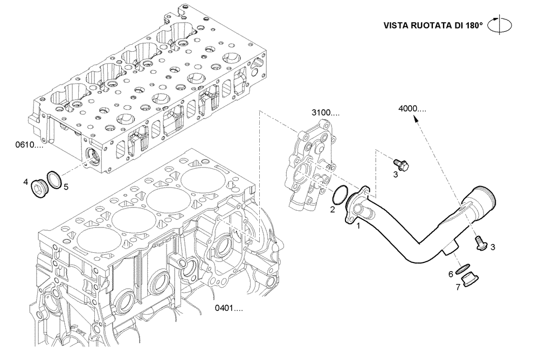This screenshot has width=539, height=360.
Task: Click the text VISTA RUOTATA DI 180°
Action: point(433,25)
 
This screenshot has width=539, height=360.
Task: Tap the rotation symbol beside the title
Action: point(500,25)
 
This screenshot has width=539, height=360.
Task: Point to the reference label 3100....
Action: point(325,113)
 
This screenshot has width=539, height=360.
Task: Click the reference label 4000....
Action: point(412,108)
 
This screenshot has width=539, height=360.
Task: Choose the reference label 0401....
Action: point(229,309)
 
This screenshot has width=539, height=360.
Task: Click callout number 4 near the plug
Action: point(25,182)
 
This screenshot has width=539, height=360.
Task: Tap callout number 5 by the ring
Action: point(66,187)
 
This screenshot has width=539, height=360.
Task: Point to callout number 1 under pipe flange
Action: point(358,226)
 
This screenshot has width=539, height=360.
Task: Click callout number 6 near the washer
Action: point(451,273)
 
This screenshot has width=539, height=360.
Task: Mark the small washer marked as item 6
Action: point(464,267)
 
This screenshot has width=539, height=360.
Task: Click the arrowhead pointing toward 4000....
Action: point(416,122)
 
